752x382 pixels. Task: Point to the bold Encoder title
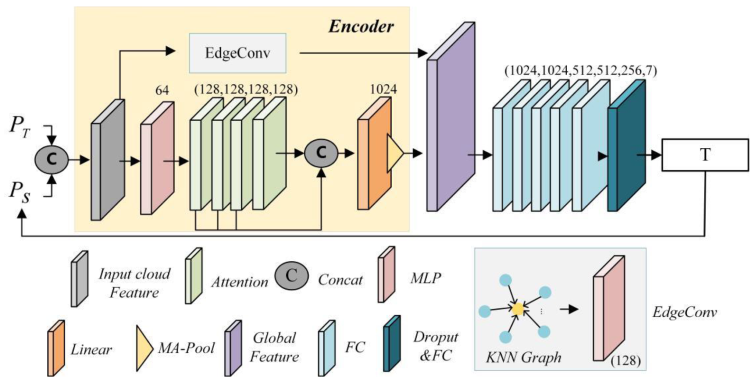[361, 26]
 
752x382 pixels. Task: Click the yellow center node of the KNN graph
[518, 308]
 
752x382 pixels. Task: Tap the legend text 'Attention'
[240, 281]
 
